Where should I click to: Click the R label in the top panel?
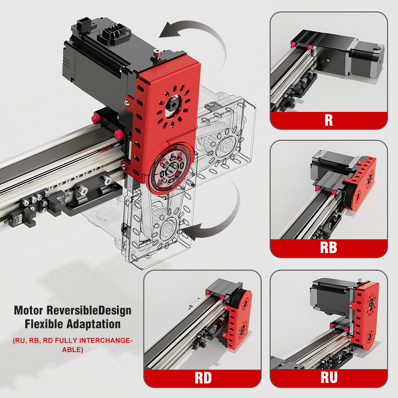[x=329, y=120]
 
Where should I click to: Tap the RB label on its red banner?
[x=328, y=247]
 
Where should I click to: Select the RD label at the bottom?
[x=203, y=378]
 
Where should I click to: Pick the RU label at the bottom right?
[x=329, y=377]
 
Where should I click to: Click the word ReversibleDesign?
[x=89, y=310]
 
